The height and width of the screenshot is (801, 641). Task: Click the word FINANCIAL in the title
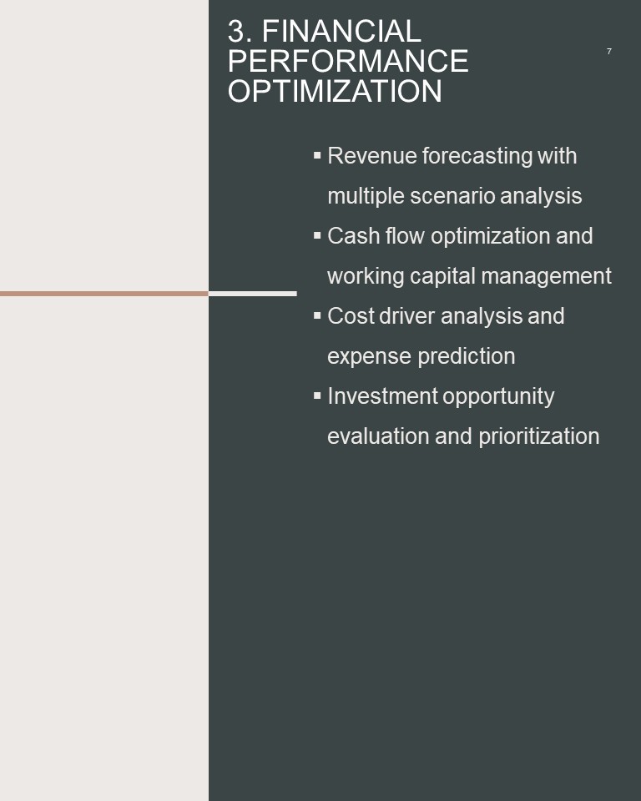pos(341,31)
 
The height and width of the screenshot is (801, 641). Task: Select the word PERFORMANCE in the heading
pos(348,61)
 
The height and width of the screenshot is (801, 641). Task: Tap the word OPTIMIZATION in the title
pos(335,91)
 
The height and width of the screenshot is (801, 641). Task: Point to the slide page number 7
pos(608,51)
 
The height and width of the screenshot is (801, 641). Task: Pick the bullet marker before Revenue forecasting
pos(317,155)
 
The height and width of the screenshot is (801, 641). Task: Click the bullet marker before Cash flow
pos(317,235)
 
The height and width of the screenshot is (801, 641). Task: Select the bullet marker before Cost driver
pos(317,315)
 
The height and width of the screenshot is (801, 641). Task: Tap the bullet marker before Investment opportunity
pos(317,395)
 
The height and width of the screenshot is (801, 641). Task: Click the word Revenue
pos(372,156)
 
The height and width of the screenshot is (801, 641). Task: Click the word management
pos(547,277)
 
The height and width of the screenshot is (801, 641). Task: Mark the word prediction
pos(467,356)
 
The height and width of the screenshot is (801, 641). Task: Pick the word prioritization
pos(539,436)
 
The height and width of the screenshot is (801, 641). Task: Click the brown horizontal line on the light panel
pos(104,294)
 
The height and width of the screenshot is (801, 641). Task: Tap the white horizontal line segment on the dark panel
pos(253,294)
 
